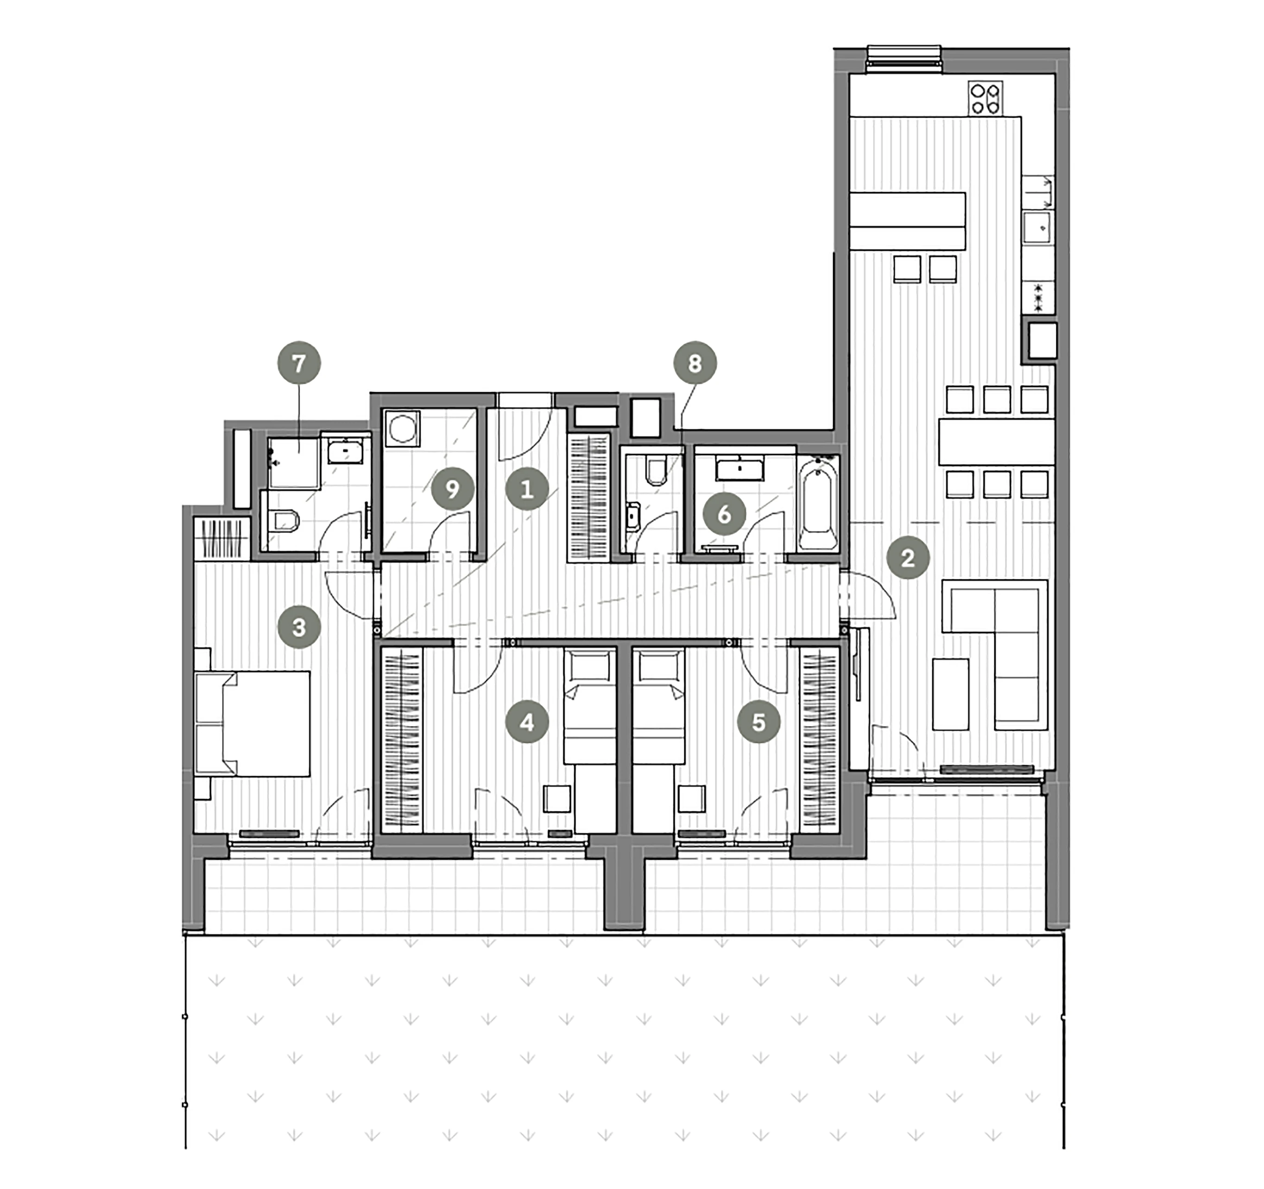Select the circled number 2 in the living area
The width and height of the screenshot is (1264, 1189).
tap(908, 557)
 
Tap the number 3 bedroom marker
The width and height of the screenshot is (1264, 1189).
tap(299, 627)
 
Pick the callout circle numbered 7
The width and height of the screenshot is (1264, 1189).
tap(299, 363)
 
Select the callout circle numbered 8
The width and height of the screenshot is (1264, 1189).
tap(695, 363)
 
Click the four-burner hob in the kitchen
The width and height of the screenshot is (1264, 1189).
tap(985, 99)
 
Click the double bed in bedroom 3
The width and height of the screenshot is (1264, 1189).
tap(253, 723)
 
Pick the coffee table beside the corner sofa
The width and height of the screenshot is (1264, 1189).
tap(950, 694)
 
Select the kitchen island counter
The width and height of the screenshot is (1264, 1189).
tap(907, 220)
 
